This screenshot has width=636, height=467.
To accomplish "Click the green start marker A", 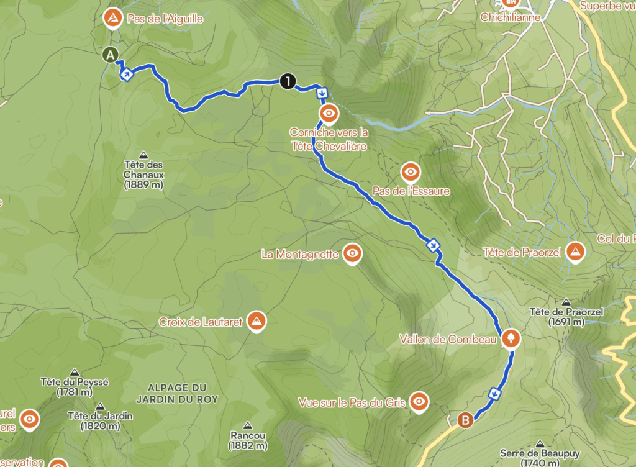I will (111, 55).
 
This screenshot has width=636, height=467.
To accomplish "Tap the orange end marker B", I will (465, 420).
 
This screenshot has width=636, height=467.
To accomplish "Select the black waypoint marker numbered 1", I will (288, 80).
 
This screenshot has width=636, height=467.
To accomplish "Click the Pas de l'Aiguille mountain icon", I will (112, 18).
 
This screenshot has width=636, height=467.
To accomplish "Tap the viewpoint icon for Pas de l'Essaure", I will (411, 171).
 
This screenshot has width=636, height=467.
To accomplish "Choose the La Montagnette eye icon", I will (353, 253).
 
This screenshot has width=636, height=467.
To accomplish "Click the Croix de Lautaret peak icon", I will (256, 321).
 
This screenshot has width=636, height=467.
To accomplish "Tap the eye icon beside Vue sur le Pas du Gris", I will (419, 402).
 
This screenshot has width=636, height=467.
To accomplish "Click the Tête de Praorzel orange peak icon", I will (576, 252).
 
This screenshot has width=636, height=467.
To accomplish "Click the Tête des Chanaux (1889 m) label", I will (143, 175).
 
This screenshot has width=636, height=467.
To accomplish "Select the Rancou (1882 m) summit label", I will (248, 440).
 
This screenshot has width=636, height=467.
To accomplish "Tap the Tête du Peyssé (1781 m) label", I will (74, 387).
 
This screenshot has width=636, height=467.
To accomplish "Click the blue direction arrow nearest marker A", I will (126, 76).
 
